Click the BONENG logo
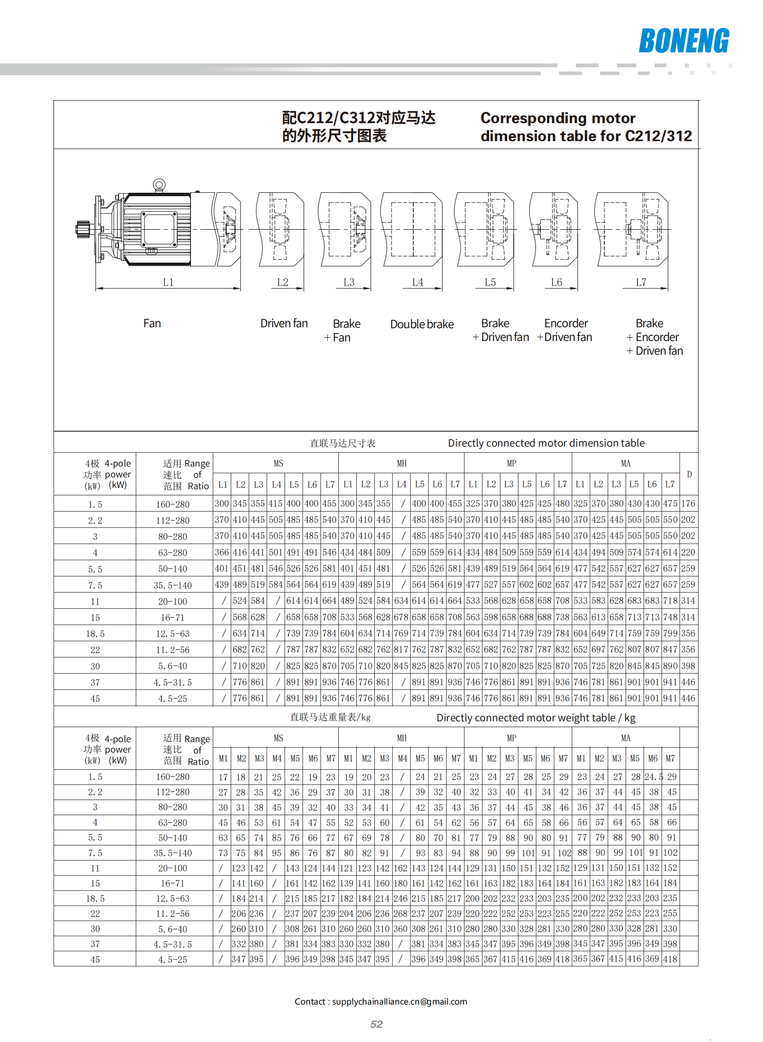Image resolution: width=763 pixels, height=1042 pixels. (x=683, y=41)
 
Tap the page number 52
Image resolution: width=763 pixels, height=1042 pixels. (x=376, y=1024)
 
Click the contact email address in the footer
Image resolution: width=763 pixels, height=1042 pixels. (x=399, y=1001)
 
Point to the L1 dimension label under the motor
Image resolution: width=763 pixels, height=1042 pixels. (x=168, y=282)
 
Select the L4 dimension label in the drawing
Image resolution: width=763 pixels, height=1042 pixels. (x=418, y=282)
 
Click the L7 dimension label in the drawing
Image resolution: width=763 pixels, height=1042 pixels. (x=641, y=282)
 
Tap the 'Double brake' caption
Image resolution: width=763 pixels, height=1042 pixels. (x=422, y=324)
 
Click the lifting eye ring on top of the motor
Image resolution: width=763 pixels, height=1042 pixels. (x=159, y=185)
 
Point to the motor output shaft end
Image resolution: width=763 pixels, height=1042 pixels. (x=82, y=229)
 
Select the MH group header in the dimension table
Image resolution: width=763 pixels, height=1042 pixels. (x=401, y=463)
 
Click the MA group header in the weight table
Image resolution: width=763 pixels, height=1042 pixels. (x=626, y=738)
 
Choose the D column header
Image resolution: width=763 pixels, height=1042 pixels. (x=689, y=474)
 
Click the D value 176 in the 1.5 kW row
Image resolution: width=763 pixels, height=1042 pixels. (x=688, y=503)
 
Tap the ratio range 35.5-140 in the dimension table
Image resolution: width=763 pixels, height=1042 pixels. (x=173, y=585)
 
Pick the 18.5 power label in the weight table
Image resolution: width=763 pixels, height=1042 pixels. (x=95, y=898)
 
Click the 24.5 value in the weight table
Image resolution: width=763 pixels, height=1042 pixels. (x=654, y=777)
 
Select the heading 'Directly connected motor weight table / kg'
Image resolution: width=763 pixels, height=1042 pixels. (x=536, y=718)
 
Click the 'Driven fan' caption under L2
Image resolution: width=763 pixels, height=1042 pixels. (x=284, y=323)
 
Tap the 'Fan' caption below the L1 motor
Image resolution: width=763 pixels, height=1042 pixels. (x=152, y=323)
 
